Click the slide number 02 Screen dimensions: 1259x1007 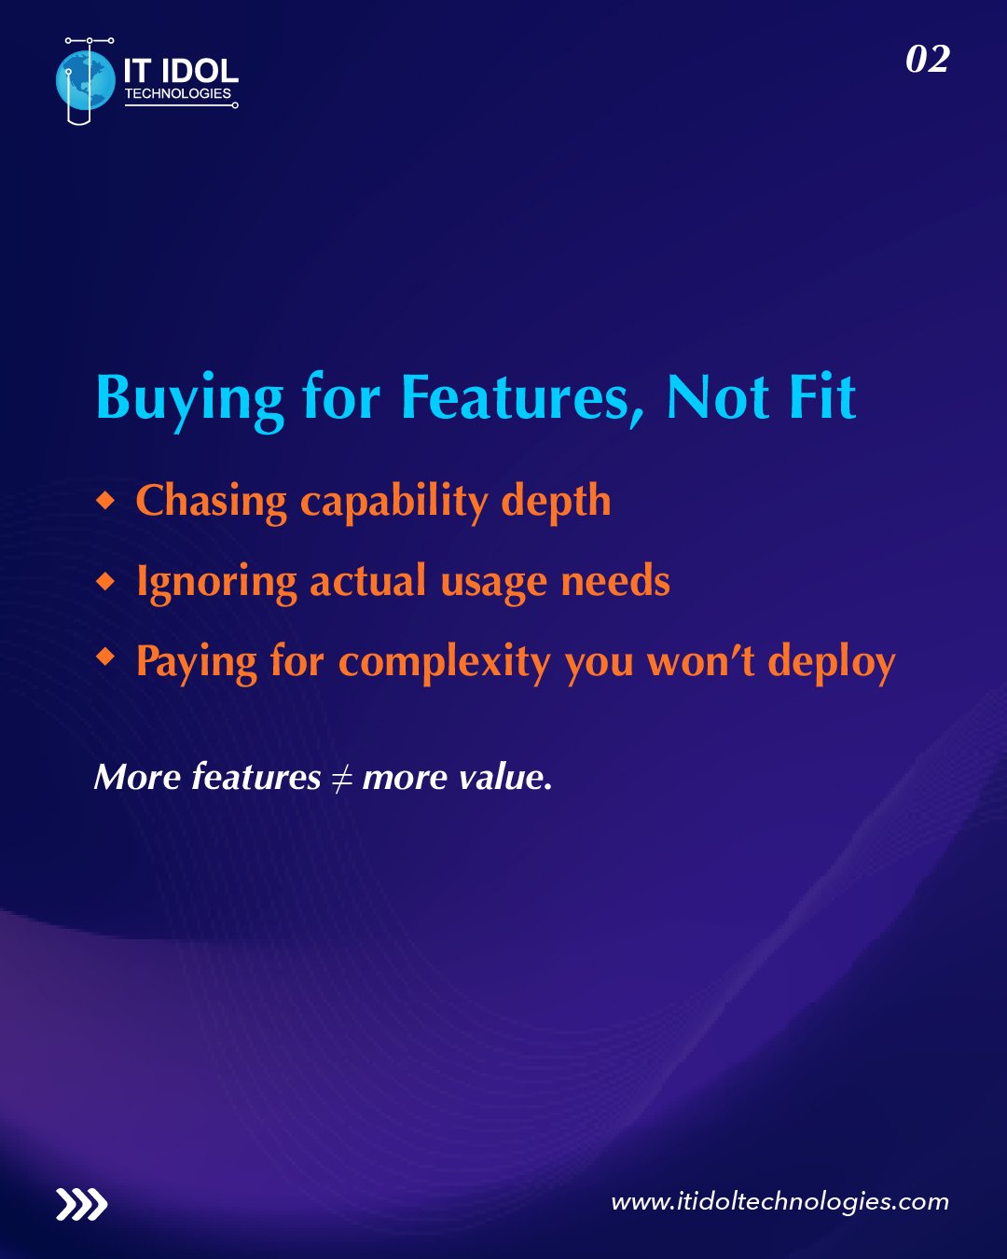[927, 60]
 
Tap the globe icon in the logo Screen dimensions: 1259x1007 [82, 81]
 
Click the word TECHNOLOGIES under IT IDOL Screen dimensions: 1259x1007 [177, 94]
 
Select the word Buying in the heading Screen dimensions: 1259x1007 [189, 399]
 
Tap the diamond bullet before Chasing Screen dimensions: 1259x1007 [106, 501]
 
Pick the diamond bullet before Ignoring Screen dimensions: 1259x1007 [106, 582]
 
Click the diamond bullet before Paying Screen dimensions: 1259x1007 [106, 658]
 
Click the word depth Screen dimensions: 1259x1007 [556, 502]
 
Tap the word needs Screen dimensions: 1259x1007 [615, 582]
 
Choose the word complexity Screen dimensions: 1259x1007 [445, 662]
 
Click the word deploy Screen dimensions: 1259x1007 [831, 662]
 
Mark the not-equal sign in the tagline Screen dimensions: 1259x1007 [341, 778]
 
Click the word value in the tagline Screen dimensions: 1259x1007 [504, 777]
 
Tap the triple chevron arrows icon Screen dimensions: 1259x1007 [81, 1205]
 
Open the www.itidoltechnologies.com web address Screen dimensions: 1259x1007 [779, 1201]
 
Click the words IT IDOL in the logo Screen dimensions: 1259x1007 [181, 71]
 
